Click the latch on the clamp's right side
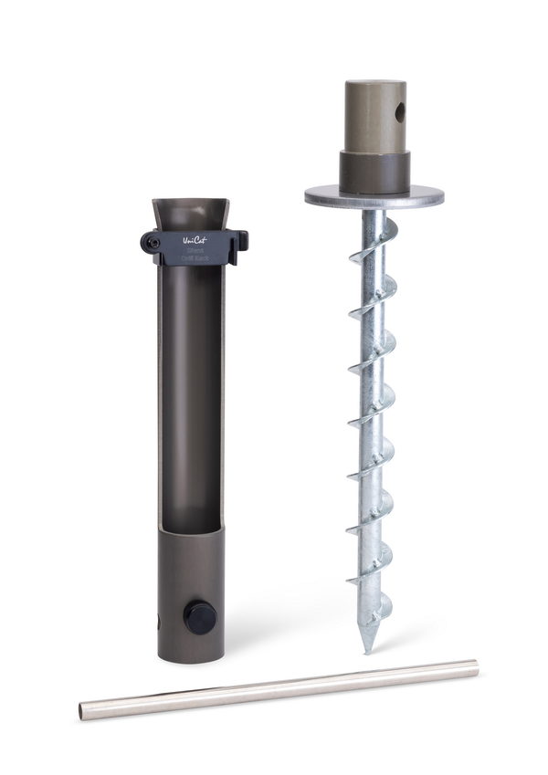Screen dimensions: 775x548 click(241, 242)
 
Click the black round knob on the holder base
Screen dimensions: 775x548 click(200, 616)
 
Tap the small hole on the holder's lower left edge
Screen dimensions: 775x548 click(159, 622)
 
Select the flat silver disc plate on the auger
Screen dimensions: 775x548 click(374, 194)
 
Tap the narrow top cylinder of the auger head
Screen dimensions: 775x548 click(374, 114)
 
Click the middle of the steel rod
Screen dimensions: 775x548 click(279, 687)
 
